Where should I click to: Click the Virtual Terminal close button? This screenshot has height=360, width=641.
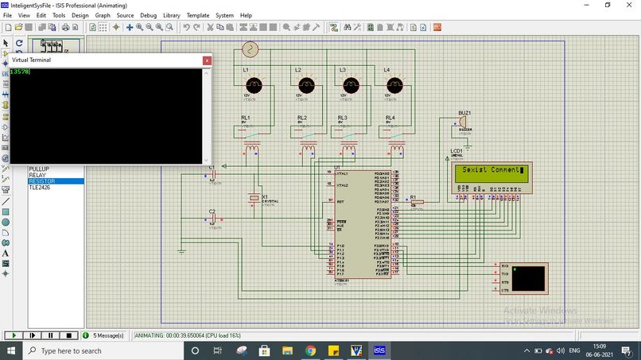pyautogui.click(x=207, y=60)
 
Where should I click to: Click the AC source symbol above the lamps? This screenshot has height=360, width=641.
pyautogui.click(x=251, y=50)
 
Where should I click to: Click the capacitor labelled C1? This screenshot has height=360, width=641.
pyautogui.click(x=212, y=175)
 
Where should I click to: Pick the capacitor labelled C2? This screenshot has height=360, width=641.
pyautogui.click(x=212, y=219)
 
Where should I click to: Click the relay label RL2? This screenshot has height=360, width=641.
pyautogui.click(x=302, y=118)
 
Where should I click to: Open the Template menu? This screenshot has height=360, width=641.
pyautogui.click(x=198, y=15)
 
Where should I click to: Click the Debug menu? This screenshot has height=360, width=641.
pyautogui.click(x=148, y=15)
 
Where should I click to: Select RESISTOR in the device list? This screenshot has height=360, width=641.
pyautogui.click(x=45, y=181)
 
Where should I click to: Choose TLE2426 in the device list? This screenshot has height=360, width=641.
pyautogui.click(x=43, y=188)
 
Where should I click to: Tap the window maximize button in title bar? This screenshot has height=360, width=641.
pyautogui.click(x=608, y=5)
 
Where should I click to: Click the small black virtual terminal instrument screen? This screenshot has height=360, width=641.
pyautogui.click(x=529, y=277)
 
